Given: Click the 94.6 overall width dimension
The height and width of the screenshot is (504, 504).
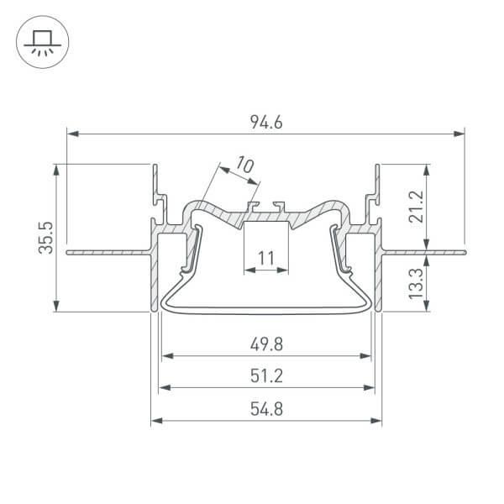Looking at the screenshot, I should click(x=265, y=123).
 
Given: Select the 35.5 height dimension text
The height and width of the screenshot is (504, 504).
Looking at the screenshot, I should click(x=48, y=238).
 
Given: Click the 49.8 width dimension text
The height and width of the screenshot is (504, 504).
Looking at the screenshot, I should click(x=265, y=344).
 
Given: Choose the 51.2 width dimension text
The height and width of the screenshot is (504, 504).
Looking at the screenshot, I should click(x=265, y=376).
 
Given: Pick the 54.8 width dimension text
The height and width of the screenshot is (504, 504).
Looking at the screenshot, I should click(x=265, y=410).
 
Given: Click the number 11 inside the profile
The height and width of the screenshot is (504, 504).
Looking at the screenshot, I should click(x=265, y=259).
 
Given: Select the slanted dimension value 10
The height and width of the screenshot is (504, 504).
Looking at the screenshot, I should click(x=244, y=165).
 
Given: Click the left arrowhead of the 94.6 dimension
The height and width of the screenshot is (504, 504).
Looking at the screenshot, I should click(x=71, y=133).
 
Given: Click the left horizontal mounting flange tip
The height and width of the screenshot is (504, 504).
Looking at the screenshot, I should click(x=69, y=250).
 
